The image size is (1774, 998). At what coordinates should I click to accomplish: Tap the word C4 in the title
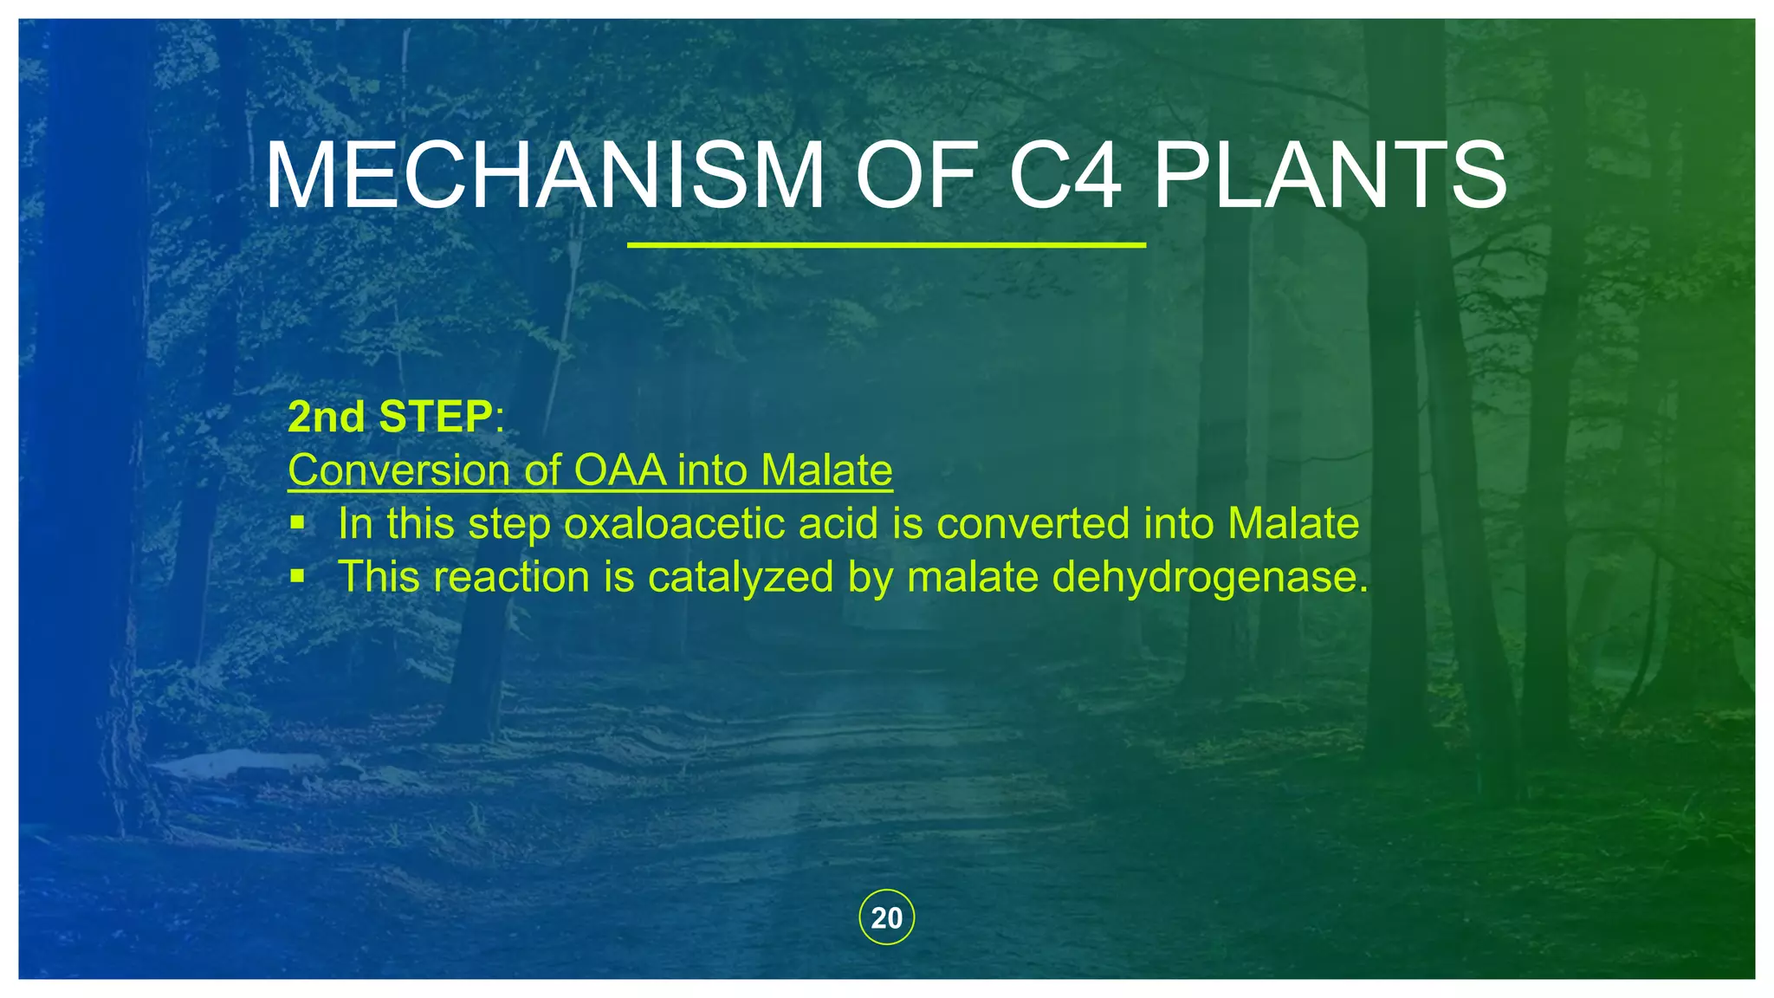click(x=1065, y=177)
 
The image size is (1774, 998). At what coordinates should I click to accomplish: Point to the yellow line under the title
click(x=886, y=245)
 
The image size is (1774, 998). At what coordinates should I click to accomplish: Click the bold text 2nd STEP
click(x=390, y=417)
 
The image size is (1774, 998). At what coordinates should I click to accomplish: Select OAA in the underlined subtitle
click(x=620, y=470)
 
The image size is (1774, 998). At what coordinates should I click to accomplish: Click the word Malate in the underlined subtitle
click(x=826, y=470)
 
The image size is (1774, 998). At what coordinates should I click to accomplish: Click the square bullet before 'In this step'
click(x=297, y=522)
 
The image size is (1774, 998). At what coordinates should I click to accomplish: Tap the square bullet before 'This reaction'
click(x=297, y=575)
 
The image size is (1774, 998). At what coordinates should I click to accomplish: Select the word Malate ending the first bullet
click(x=1293, y=524)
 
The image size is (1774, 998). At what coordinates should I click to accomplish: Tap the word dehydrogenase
click(x=1209, y=578)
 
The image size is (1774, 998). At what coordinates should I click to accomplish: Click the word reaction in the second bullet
click(x=511, y=578)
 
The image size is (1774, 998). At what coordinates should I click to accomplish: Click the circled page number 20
click(x=886, y=917)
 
